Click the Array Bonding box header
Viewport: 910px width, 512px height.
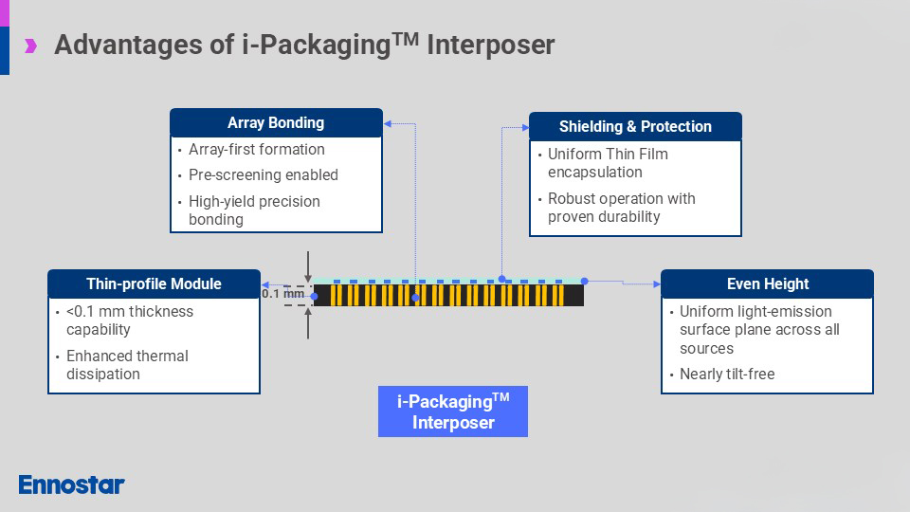276,123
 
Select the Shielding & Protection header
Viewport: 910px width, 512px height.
634,127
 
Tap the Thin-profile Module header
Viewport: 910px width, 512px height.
154,284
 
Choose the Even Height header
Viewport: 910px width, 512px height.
767,284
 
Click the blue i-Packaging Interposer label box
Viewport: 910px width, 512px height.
452,411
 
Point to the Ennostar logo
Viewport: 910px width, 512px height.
71,485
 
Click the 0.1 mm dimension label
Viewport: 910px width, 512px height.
283,294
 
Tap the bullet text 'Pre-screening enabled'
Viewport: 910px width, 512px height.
263,175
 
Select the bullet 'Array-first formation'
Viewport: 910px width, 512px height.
256,150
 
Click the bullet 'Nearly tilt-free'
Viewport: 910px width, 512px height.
726,375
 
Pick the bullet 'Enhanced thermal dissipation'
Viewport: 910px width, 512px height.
127,365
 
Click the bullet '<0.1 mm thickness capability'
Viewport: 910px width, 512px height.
129,320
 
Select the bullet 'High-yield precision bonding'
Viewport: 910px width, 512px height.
254,210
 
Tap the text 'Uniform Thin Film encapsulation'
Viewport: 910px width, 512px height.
607,163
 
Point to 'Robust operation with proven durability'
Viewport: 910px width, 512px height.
621,208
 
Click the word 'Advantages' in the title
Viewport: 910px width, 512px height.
129,45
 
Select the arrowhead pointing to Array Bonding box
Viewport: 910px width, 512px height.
387,123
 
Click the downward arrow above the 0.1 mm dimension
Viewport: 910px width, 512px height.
308,265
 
